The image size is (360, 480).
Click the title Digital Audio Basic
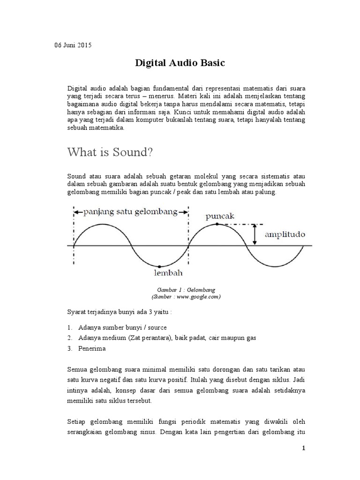point(180,63)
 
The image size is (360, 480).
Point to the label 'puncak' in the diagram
point(220,216)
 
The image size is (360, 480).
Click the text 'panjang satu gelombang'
point(131,211)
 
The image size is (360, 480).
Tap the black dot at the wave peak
point(217,224)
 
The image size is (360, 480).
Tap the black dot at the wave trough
point(160,266)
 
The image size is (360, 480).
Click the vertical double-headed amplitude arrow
point(255,234)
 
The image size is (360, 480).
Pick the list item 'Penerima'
point(92,348)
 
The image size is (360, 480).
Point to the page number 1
point(303,449)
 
